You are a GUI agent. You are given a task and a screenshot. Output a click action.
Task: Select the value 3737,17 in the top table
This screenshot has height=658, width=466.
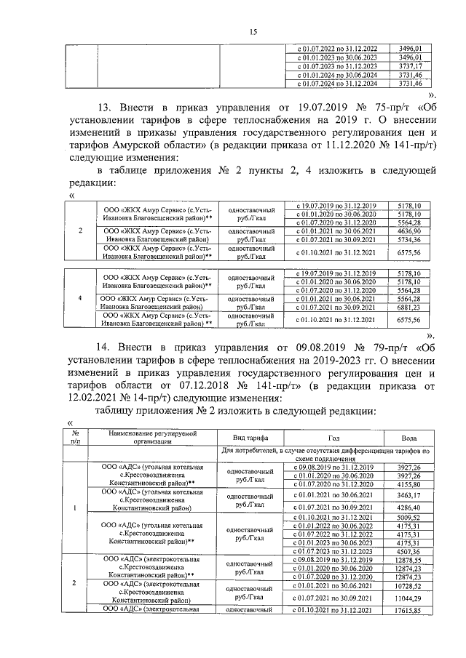point(411,65)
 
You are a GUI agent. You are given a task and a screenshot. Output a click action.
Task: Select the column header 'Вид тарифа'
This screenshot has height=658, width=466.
point(250,438)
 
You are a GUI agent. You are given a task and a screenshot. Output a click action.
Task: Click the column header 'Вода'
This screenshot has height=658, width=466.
point(409,438)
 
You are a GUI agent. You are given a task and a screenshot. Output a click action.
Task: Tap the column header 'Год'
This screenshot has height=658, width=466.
point(333,438)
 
